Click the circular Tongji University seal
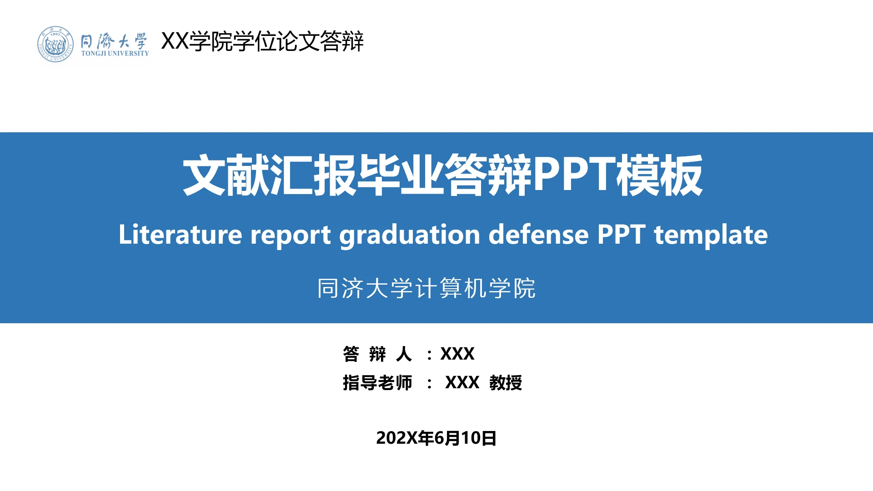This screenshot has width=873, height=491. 55,45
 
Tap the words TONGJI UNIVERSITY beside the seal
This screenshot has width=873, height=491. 115,54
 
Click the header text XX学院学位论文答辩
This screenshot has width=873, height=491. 262,41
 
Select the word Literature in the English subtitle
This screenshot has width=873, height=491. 180,235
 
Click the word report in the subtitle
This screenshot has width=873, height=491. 290,235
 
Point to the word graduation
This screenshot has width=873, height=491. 409,235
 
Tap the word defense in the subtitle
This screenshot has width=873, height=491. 538,235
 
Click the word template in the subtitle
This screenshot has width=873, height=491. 711,235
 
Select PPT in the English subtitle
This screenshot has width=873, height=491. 621,235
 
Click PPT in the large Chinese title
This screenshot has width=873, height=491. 574,175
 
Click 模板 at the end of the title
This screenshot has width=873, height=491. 659,175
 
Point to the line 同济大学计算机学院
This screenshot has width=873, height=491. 426,288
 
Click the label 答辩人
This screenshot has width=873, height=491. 377,354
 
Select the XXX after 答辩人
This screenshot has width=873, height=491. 457,354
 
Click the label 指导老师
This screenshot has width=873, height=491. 377,383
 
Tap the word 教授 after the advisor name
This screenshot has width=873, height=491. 506,383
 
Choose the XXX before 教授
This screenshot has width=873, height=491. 462,383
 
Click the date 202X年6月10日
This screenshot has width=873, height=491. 436,438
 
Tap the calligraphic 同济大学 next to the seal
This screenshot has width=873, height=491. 114,41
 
